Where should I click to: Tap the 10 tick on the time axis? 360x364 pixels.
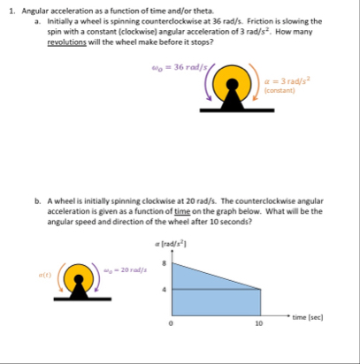coord(259,323)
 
